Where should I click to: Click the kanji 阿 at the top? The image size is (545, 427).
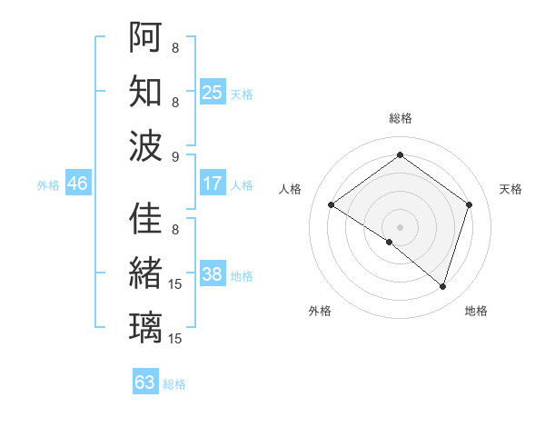coord(145,36)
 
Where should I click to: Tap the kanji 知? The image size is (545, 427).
coord(145,91)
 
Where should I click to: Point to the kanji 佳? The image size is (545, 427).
coord(145,218)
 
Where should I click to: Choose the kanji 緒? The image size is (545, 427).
coord(145,273)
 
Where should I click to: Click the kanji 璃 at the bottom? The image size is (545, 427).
coord(145,327)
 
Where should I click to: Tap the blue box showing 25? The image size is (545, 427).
coord(213,93)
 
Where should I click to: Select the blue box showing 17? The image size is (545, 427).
coord(213,184)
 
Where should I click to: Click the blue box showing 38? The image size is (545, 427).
coord(213,275)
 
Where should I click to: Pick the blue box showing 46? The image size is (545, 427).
coord(77,184)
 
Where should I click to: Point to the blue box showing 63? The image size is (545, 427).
coord(145,382)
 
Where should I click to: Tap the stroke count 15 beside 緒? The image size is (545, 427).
coord(175,284)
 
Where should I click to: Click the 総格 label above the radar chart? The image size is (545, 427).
coord(400,118)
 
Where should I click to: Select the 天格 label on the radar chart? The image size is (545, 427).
coord(510,189)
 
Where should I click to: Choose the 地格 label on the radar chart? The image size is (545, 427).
coord(476,311)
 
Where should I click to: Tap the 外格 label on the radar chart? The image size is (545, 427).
coord(320,311)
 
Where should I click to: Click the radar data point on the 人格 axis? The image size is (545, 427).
coord(332,205)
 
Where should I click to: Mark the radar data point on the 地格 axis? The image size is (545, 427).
coord(443,286)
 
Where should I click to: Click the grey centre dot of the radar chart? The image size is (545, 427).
coord(400,226)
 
